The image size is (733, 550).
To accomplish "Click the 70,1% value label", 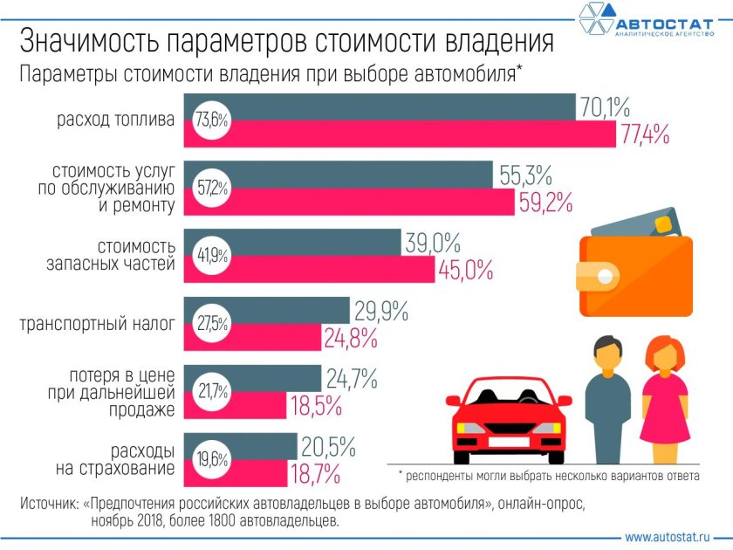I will [604, 107].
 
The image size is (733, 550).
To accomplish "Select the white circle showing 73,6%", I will [211, 120].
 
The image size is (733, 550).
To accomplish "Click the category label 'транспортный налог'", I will [97, 324].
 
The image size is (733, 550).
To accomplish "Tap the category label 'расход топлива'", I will [115, 120].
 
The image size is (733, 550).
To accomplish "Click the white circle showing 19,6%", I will [211, 459].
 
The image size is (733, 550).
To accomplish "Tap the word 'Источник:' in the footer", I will [49, 505].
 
